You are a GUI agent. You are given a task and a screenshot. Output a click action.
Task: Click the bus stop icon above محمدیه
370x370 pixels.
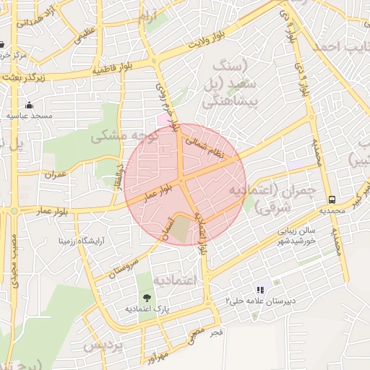tap(332, 199)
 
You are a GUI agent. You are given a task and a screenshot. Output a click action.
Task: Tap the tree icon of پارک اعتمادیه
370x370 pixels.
tap(147, 297)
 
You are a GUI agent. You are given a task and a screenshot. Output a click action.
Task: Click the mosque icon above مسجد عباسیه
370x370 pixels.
tap(29, 105)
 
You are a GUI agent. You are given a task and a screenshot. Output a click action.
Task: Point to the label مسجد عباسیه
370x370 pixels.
tap(30, 116)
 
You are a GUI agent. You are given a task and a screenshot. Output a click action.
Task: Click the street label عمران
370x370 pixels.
tap(55, 174)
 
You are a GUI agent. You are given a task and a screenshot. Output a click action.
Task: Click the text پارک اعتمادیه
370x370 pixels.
tap(147, 309)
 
